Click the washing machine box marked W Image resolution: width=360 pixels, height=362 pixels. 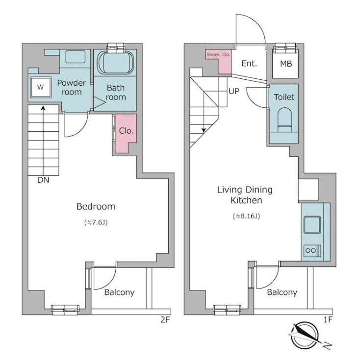coord(40,87)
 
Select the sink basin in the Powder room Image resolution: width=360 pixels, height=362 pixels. coord(76,56)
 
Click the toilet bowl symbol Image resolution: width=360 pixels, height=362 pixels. coord(284,120)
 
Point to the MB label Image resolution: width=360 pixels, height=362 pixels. coord(286,64)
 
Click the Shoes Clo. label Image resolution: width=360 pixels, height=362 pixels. coord(218,55)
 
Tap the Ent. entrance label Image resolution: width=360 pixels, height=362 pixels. coord(249,63)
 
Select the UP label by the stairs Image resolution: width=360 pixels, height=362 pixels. coord(234,92)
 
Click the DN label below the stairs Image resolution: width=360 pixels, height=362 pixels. coord(43,180)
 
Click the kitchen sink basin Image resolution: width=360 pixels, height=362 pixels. coord(312,225)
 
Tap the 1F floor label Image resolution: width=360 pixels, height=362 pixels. coord(328,319)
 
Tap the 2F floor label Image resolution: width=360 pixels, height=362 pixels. coord(165,320)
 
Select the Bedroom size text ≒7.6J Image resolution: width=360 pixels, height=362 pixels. coord(96,222)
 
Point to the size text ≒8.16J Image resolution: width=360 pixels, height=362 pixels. coord(246,217)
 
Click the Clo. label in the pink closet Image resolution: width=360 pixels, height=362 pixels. coord(126,131)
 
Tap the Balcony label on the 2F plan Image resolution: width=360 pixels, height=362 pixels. coord(119,292)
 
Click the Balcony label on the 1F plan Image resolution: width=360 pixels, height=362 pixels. coord(282,292)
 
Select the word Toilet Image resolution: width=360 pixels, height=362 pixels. coord(284,97)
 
